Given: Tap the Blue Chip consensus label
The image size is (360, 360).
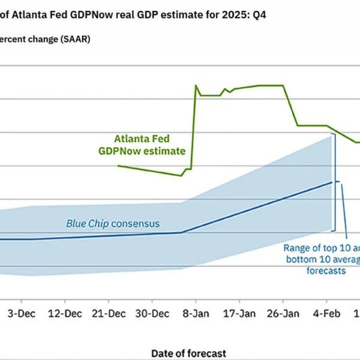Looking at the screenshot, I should pos(113,224).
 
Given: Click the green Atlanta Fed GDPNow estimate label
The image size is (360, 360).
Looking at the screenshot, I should pos(142,145).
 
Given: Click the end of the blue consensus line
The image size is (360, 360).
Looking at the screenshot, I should pos(332,182).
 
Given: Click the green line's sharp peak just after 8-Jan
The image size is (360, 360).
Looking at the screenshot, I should pos(196,85).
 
